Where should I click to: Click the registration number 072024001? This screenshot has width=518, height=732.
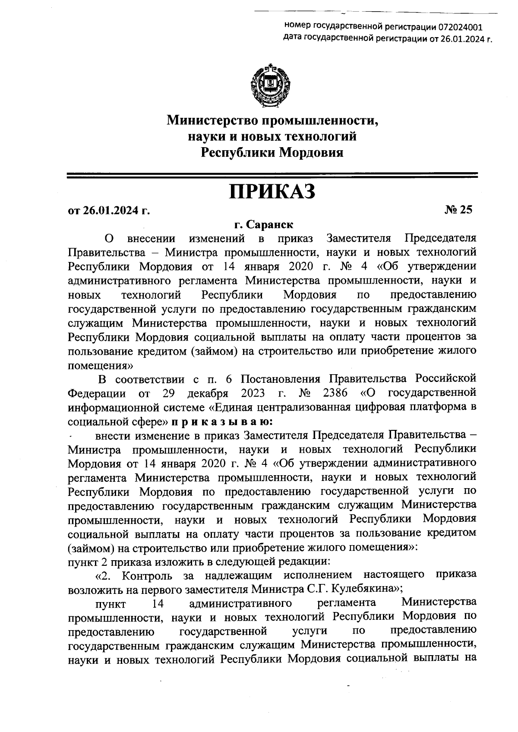tap(461, 28)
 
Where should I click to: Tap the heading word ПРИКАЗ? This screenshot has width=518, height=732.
tap(272, 191)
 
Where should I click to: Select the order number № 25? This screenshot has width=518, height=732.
tap(459, 210)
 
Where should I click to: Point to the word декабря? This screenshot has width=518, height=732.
tap(208, 393)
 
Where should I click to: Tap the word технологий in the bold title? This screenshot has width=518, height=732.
tap(314, 136)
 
